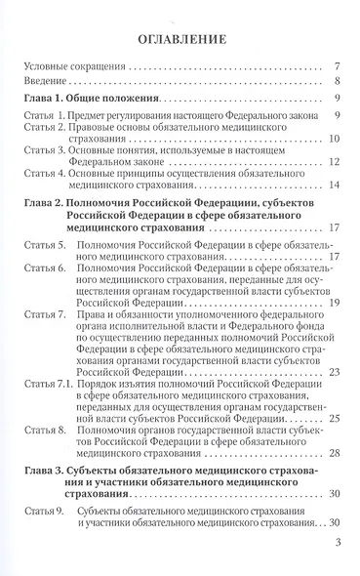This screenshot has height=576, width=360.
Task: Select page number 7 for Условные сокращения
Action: tap(334, 67)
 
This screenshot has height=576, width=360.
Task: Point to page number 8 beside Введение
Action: tap(334, 82)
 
